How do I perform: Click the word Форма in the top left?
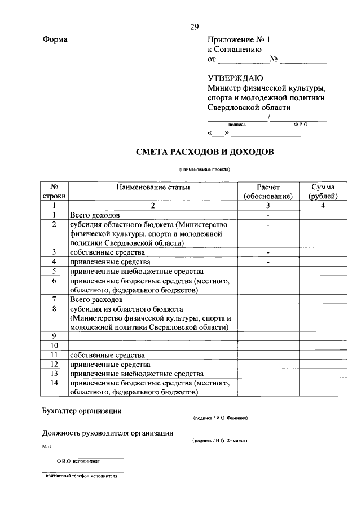pos(55,39)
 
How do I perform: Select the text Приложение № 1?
pos(239,39)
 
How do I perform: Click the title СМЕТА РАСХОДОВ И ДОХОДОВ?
pos(205,152)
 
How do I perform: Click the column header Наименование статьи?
pos(153,187)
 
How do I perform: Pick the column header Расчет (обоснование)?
pos(268,192)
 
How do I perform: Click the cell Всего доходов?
pos(94,215)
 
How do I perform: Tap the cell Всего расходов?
pos(96,299)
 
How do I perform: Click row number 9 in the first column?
pos(54,336)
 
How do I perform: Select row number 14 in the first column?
pos(54,383)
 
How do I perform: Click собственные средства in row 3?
pos(107,252)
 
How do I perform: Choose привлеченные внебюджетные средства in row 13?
pos(135,374)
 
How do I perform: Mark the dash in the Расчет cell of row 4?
pos(268,262)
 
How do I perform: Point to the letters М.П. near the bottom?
pos(47,446)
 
